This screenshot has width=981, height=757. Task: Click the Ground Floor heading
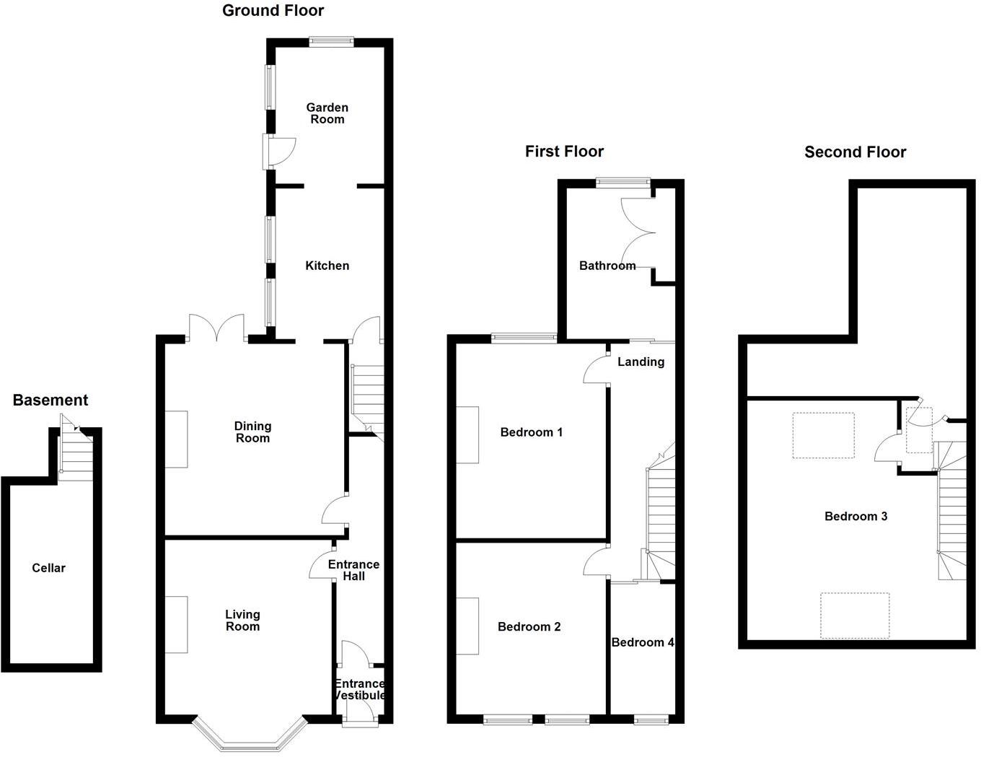tap(273, 11)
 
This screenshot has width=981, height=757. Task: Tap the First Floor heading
tap(564, 152)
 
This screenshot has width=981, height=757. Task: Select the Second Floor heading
tap(855, 152)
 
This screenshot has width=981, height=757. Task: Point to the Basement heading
tap(50, 401)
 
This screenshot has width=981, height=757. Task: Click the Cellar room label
tap(48, 569)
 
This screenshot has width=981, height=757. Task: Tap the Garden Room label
tap(327, 113)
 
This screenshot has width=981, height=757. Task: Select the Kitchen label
tap(327, 266)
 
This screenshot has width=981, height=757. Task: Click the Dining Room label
tap(252, 432)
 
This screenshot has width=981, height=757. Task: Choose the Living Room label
tap(242, 621)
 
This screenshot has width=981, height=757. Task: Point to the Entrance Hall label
tap(353, 570)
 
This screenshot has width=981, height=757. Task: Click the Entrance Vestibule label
tap(359, 689)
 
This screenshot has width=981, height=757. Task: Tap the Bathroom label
tap(607, 266)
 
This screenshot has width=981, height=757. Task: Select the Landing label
tap(641, 362)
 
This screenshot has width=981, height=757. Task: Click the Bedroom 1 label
tap(531, 433)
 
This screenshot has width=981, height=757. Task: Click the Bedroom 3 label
tap(855, 517)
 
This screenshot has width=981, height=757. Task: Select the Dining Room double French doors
tap(216, 328)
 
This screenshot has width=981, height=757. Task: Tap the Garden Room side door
tap(278, 150)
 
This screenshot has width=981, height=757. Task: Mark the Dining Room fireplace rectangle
tap(177, 439)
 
